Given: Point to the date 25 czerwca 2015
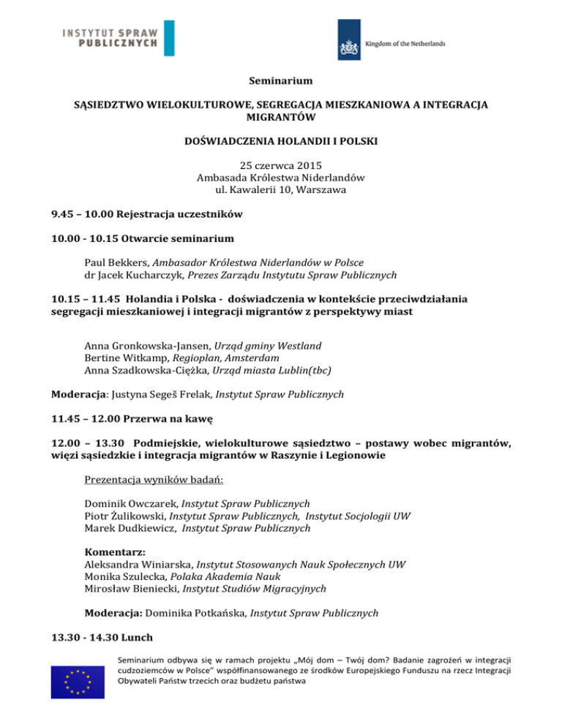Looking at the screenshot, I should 281,164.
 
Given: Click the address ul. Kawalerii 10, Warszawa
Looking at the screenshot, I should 281,192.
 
